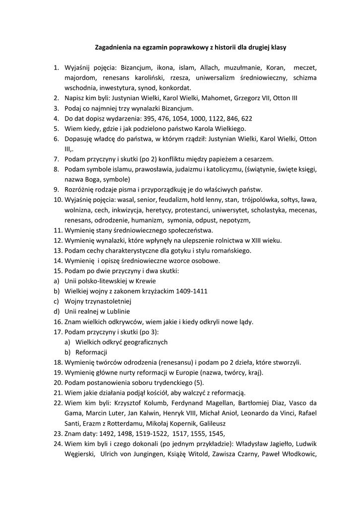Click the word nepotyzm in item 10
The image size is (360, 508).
point(236,220)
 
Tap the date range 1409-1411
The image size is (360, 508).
point(190,291)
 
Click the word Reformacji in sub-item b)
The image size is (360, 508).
point(91,352)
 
